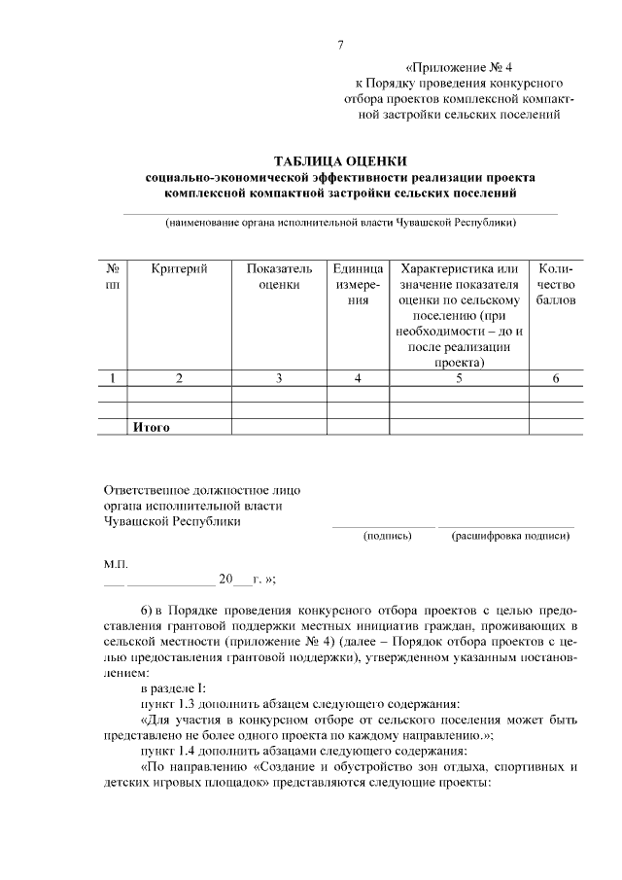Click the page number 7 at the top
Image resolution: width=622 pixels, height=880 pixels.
340,45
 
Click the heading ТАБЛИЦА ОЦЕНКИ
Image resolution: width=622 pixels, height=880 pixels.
340,160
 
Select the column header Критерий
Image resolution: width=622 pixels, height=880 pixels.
180,268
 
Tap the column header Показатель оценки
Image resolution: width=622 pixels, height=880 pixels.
279,276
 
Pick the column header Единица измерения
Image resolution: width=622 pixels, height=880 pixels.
359,284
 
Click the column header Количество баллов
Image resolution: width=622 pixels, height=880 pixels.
555,284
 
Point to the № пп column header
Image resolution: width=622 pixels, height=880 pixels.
114,276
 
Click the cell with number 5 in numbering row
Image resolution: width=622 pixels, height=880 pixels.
458,379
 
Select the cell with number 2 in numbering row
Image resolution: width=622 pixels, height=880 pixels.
180,379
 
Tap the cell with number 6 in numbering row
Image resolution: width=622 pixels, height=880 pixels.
555,379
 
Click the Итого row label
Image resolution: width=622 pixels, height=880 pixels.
152,427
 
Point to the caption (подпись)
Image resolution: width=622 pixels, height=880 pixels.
386,536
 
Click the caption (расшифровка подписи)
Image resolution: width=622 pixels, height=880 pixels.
510,536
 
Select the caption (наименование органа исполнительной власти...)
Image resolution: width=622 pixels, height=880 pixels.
340,222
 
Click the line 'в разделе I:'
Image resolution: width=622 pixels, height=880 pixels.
173,688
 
